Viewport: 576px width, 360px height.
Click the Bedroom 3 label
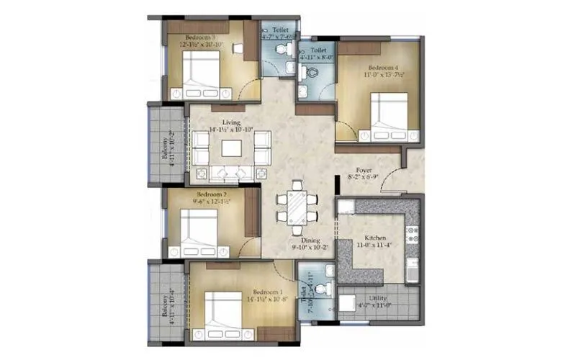[197, 36]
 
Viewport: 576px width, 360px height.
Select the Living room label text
[231, 122]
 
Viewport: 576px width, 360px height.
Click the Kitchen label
[375, 238]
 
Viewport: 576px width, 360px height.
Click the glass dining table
[297, 204]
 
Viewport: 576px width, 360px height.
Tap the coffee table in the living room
[232, 148]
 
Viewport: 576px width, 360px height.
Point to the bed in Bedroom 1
[223, 317]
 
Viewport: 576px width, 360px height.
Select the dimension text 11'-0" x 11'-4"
[375, 246]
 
